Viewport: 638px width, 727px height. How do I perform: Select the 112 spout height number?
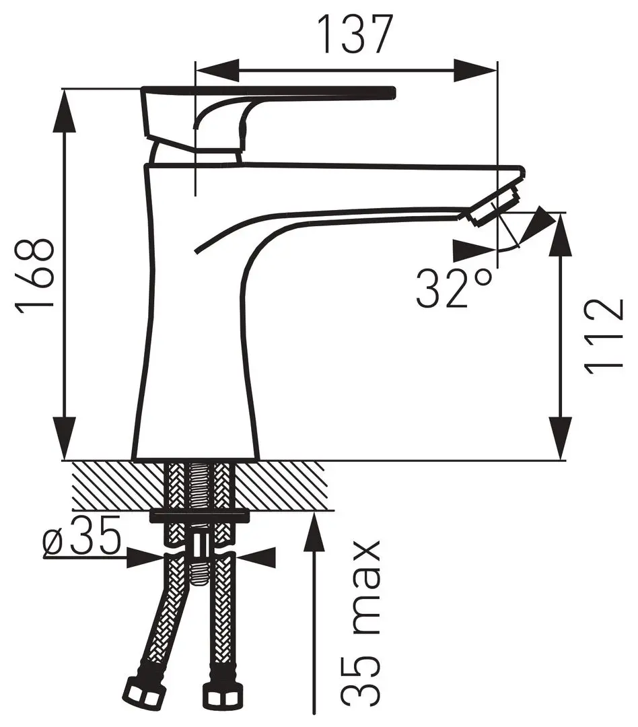(604, 336)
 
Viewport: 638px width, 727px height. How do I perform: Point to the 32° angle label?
(453, 289)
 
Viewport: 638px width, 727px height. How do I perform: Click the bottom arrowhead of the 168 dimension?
(65, 438)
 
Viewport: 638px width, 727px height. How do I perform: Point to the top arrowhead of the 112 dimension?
(560, 235)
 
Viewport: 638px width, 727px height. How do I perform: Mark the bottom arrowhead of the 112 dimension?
(560, 438)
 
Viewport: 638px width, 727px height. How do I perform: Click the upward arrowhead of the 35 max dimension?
(315, 533)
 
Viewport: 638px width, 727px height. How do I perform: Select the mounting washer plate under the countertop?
(199, 516)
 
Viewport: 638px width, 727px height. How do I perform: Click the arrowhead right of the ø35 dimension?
(258, 557)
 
